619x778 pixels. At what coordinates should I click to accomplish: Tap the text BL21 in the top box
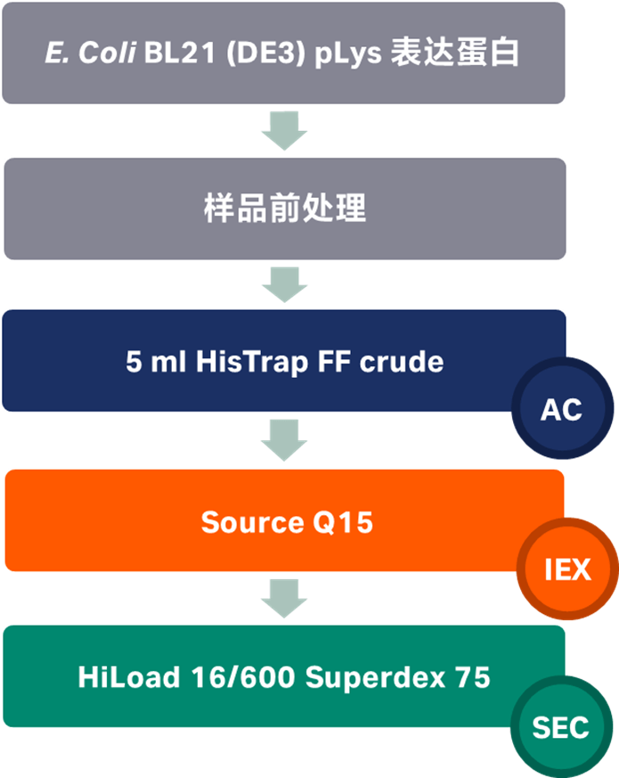(x=160, y=53)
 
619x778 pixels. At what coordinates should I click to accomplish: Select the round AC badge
(x=561, y=409)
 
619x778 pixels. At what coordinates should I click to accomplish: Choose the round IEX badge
(x=567, y=569)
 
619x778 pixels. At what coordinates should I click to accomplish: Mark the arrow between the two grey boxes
(x=284, y=131)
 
